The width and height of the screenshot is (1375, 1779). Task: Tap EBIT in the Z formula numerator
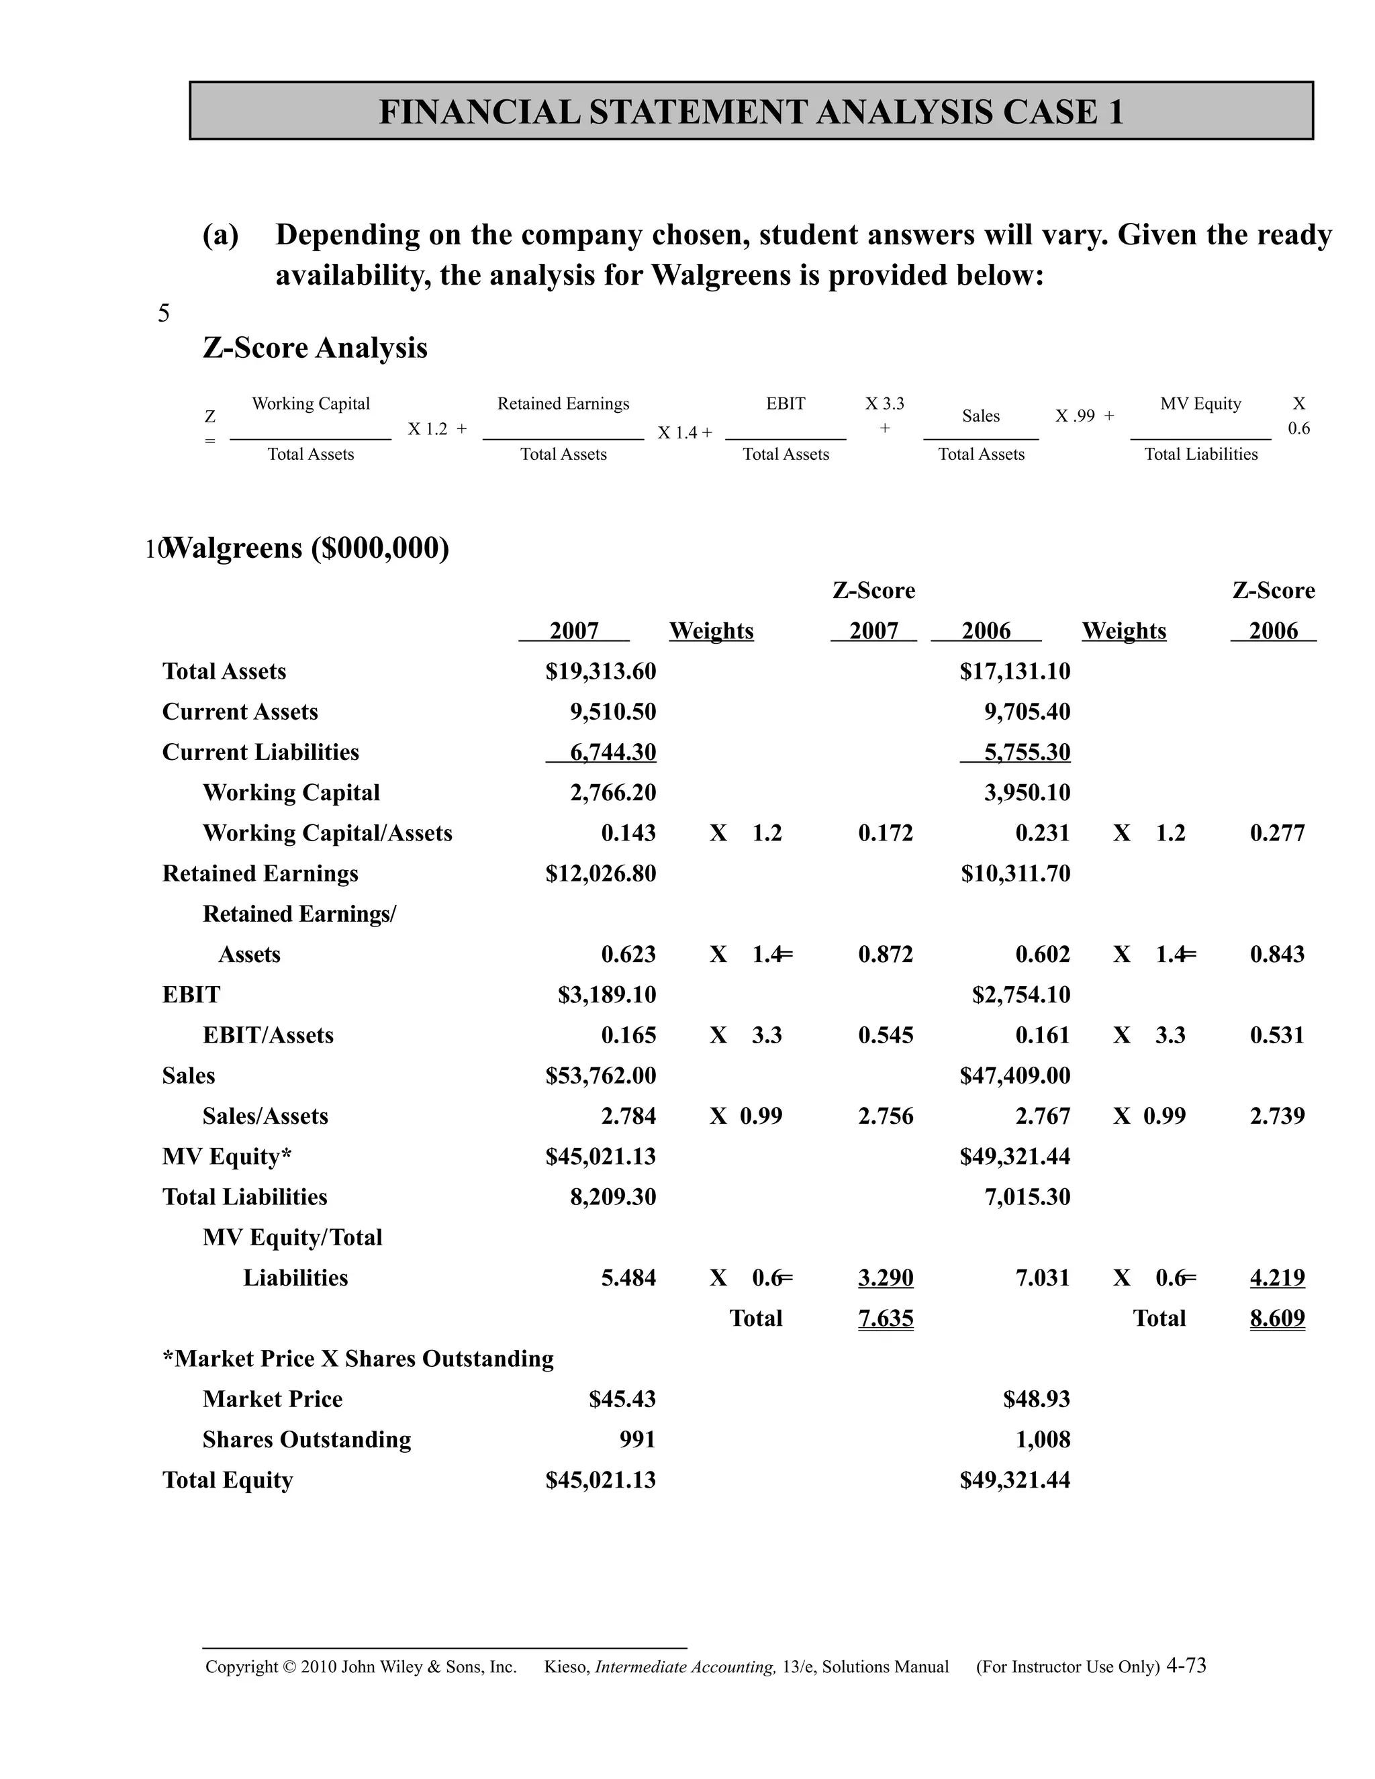(786, 403)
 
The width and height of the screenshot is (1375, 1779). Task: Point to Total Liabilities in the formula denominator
(1200, 454)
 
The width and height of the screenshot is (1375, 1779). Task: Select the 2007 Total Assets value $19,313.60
(600, 671)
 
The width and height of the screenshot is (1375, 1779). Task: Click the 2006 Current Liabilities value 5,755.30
(1027, 752)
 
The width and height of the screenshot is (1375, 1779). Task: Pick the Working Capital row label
(291, 793)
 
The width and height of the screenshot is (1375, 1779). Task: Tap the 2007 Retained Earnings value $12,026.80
(600, 873)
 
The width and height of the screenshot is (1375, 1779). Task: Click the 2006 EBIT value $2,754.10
(1021, 995)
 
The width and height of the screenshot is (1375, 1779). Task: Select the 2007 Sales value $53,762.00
(600, 1075)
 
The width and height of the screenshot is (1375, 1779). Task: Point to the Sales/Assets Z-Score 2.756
(886, 1116)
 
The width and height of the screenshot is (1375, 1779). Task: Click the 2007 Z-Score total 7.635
(886, 1318)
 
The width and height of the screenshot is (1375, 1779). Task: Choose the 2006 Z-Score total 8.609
(1276, 1318)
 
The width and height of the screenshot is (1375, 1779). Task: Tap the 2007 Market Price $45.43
(622, 1398)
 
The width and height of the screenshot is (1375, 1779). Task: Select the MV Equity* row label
(226, 1157)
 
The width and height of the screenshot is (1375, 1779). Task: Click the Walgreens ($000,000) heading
(306, 548)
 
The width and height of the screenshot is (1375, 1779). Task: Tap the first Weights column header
(711, 630)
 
